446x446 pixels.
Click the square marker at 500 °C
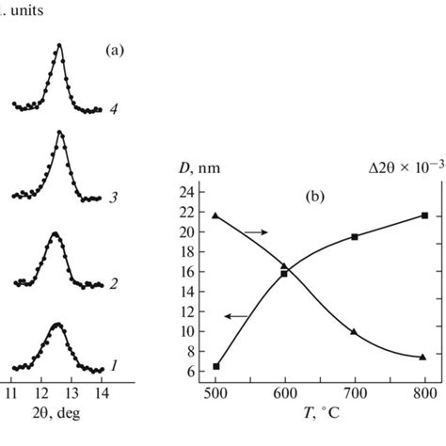click(x=216, y=366)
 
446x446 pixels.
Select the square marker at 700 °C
click(x=355, y=236)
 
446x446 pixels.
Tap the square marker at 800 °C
click(x=424, y=215)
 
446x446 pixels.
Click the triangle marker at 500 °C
click(x=216, y=215)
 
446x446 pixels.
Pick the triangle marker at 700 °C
click(x=355, y=331)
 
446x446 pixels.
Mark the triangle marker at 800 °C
click(x=423, y=357)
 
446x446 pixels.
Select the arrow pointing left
click(x=238, y=315)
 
